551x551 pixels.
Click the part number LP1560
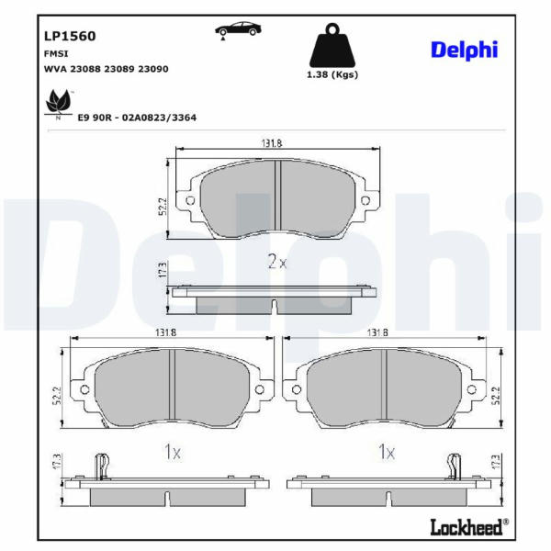click(70, 36)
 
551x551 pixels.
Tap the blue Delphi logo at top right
click(464, 51)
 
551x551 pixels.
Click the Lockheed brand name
click(466, 527)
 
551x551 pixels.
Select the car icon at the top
click(238, 30)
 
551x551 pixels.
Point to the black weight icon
click(332, 45)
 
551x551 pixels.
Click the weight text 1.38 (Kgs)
click(332, 75)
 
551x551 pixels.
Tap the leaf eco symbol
click(59, 104)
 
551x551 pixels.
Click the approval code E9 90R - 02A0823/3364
click(137, 118)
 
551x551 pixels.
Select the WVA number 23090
click(152, 69)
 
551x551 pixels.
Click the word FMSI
click(56, 54)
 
